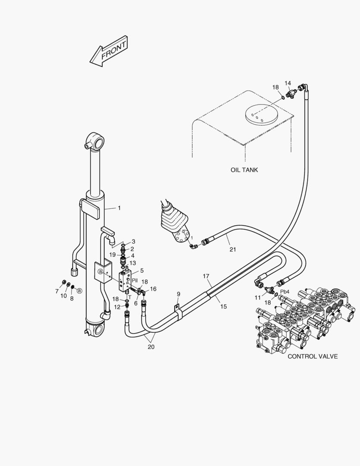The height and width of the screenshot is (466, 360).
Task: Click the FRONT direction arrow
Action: [109, 51]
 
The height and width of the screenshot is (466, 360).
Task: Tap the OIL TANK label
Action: [244, 170]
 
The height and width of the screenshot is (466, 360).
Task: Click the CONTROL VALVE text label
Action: [313, 356]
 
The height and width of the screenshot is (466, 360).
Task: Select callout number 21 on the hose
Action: [233, 249]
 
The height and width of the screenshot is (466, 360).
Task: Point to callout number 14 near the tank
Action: [288, 83]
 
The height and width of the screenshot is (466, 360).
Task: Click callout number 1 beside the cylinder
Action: [119, 208]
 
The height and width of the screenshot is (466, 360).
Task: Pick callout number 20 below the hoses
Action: [151, 346]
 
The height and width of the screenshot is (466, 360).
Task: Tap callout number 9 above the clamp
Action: [178, 294]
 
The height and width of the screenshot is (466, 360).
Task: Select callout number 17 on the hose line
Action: [206, 276]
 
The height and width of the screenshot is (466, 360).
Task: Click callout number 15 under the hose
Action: [223, 306]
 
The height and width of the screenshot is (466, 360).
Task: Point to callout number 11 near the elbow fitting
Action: [257, 298]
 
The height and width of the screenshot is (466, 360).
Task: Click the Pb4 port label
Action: [285, 291]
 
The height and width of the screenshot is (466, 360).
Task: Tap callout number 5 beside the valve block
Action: [142, 271]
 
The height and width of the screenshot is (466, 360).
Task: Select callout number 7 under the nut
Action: [56, 291]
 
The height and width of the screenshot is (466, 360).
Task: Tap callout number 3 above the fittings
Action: [133, 242]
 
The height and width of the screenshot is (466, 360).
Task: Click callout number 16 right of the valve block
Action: [153, 289]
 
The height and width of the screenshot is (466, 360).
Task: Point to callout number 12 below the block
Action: [117, 307]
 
